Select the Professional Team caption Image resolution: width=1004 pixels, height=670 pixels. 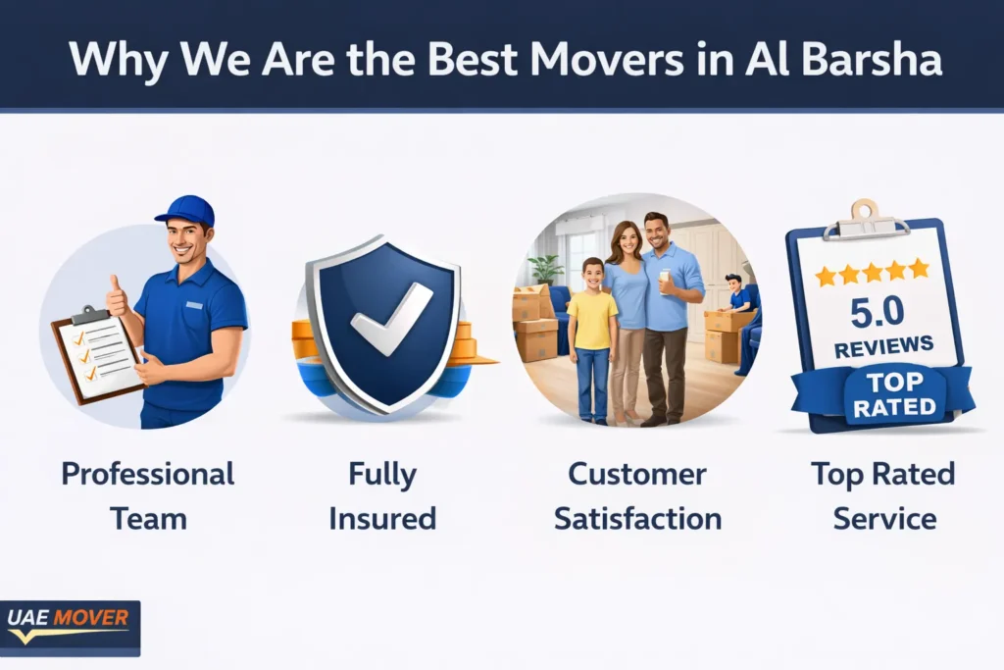[148, 495]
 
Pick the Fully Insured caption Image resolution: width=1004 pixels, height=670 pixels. [382, 495]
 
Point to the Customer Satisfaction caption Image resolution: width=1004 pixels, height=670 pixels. [637, 495]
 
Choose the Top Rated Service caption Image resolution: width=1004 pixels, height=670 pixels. [882, 495]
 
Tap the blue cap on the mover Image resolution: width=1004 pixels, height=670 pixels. [185, 210]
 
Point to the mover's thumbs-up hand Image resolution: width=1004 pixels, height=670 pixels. [117, 294]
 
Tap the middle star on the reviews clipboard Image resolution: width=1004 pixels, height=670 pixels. [872, 272]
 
